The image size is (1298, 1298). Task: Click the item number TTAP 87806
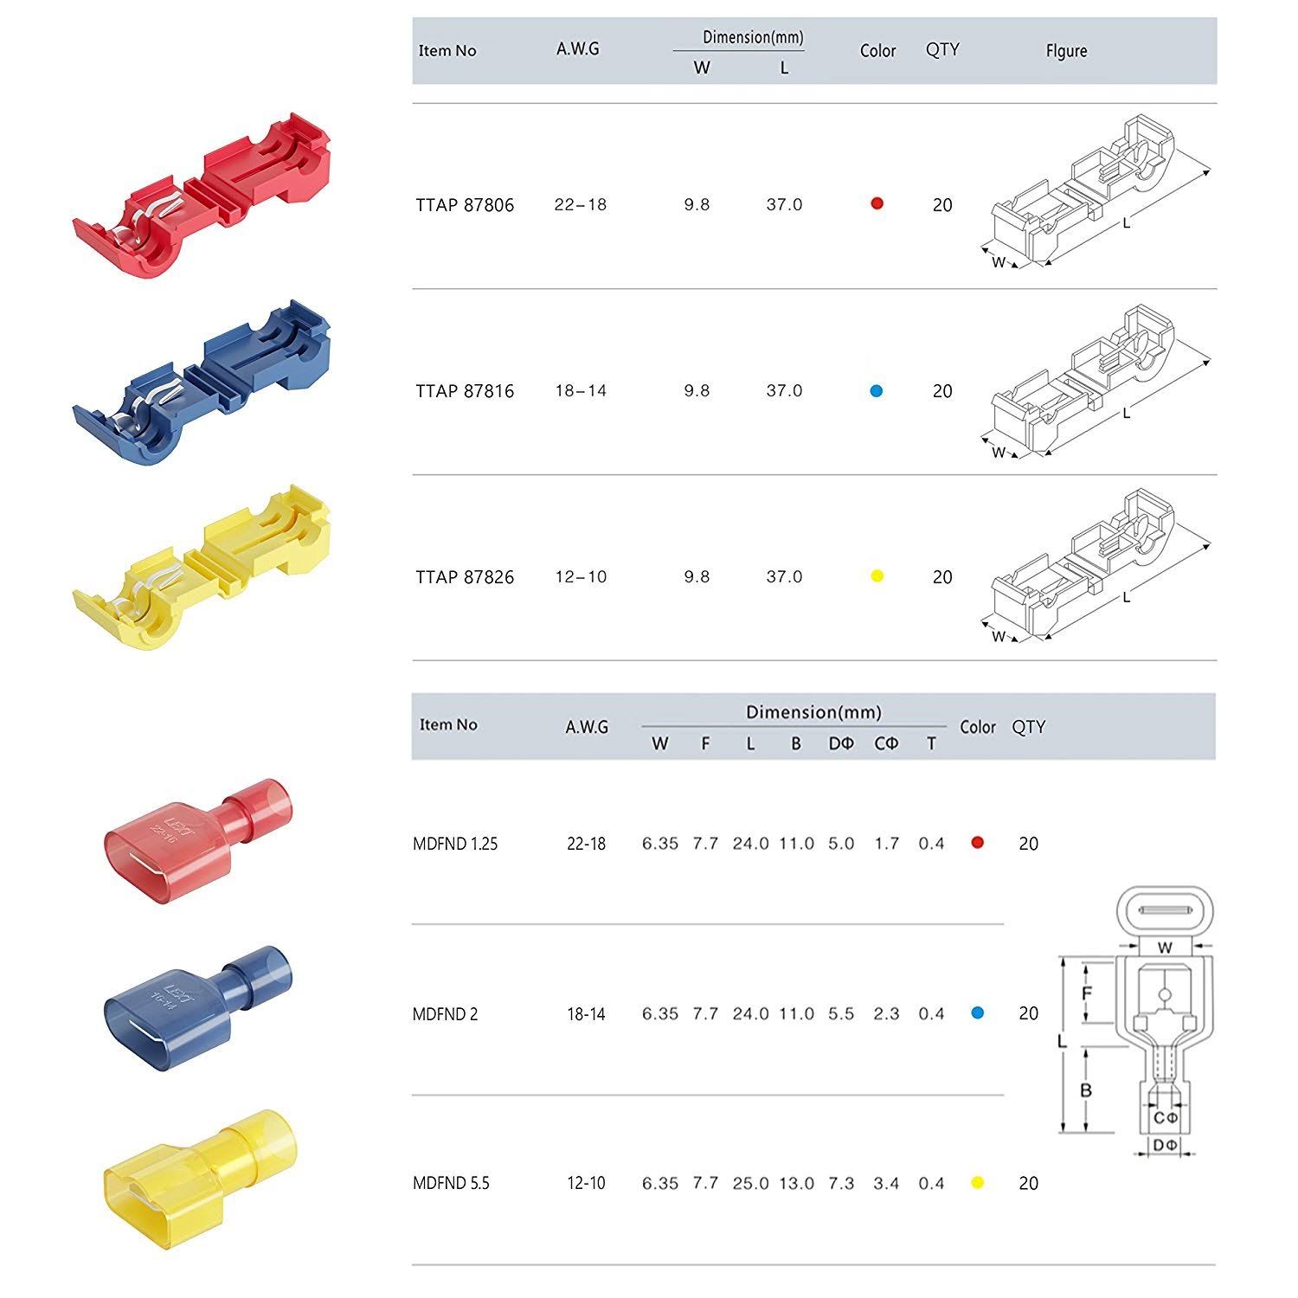pos(465,205)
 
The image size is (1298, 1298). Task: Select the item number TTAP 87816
pos(465,391)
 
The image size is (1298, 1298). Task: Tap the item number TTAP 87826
pos(465,577)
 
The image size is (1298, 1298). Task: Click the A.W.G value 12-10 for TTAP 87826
pos(581,577)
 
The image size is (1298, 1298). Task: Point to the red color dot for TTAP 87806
pos(877,203)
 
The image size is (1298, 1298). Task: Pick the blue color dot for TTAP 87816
pos(877,391)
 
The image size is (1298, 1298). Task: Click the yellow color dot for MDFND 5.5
pos(978,1183)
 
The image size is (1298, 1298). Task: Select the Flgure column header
pos(1066,51)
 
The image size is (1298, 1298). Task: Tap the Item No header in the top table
pos(447,51)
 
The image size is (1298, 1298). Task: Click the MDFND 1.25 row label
pos(455,844)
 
